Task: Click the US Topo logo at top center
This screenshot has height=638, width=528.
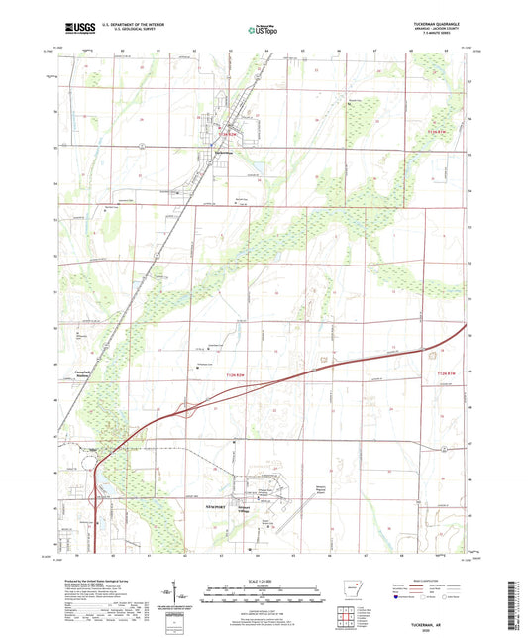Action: click(261, 30)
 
